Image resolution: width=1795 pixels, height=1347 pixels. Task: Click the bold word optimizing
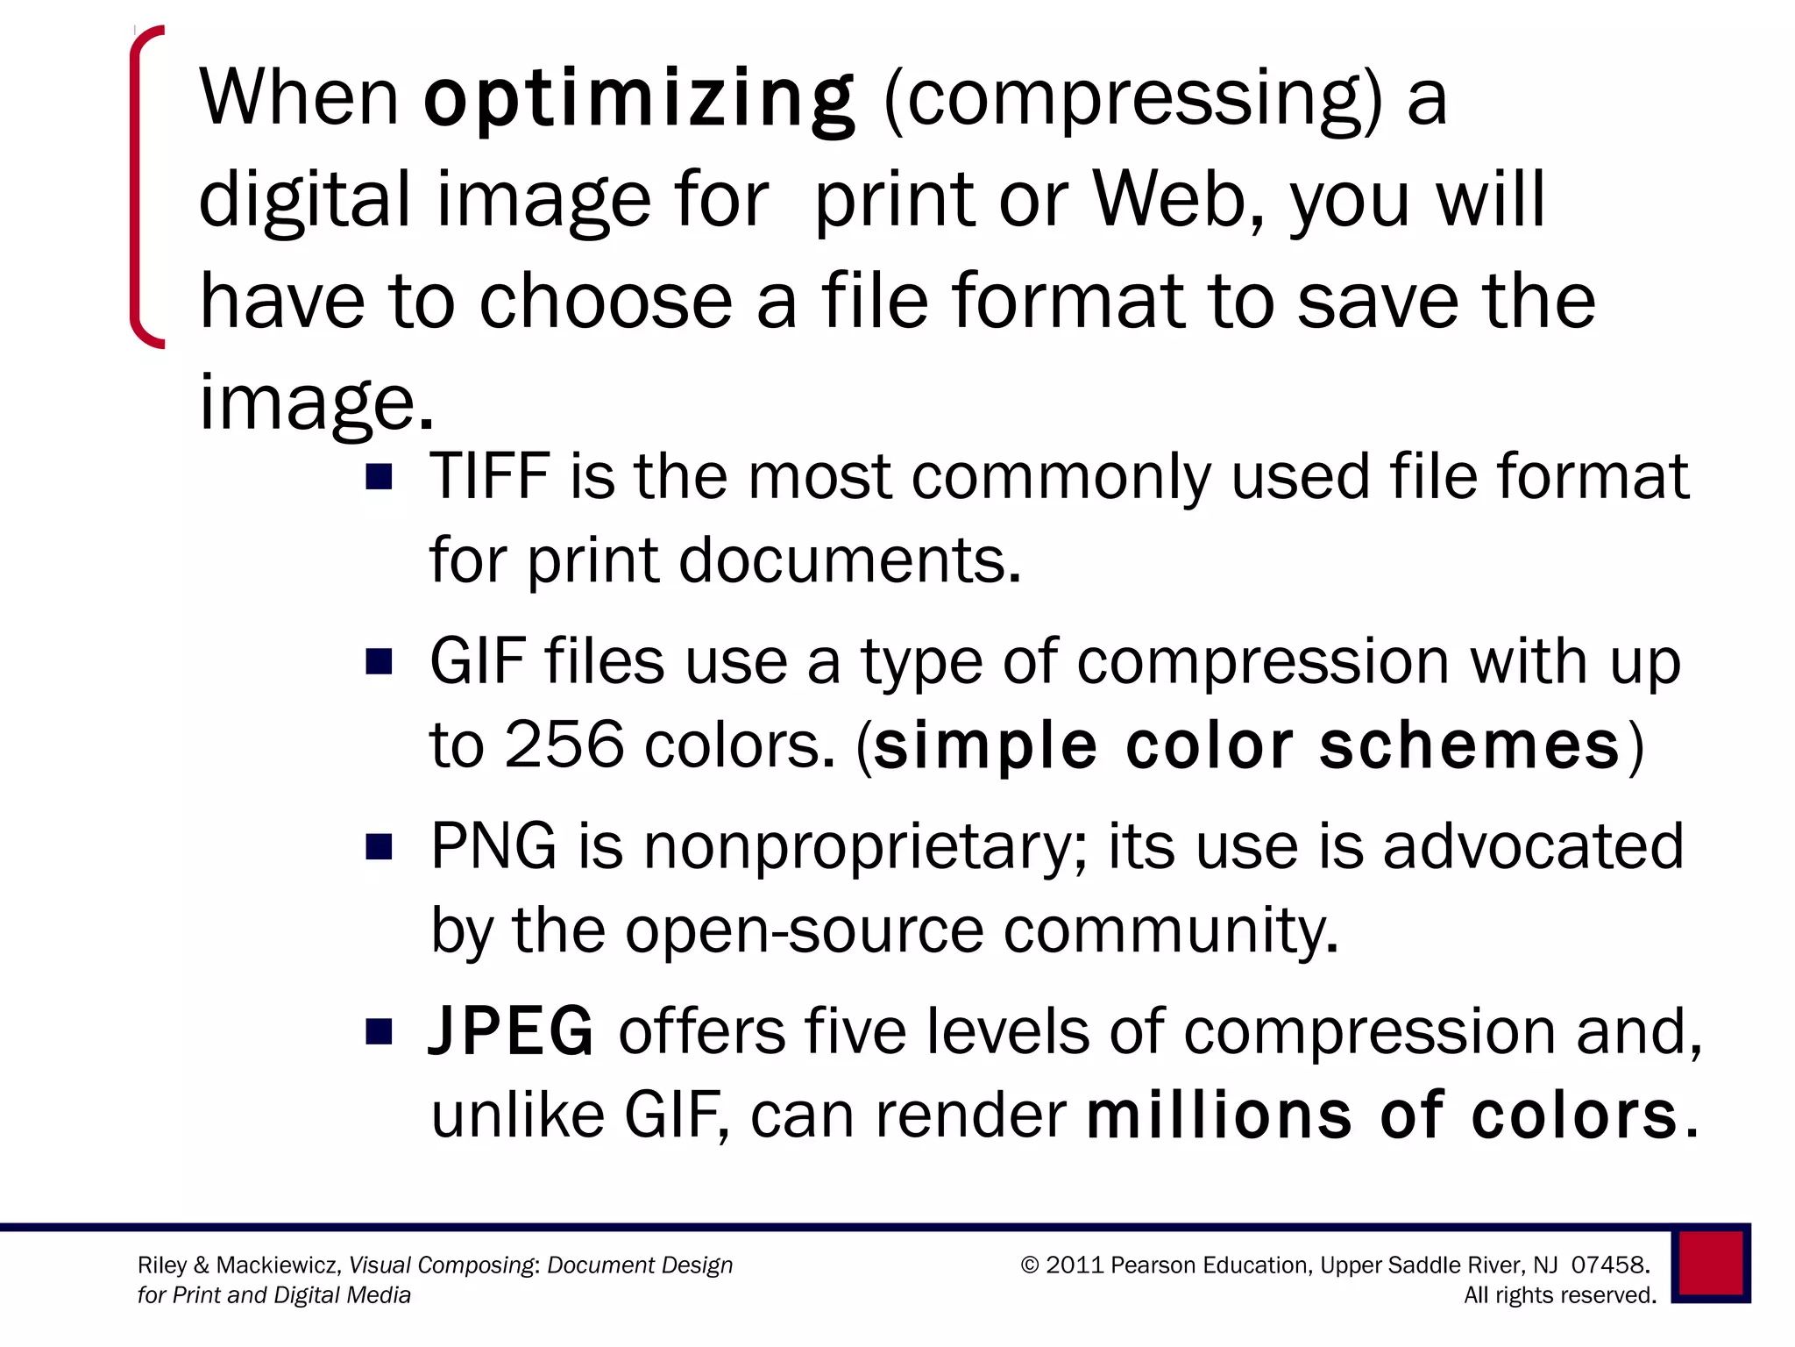point(638,98)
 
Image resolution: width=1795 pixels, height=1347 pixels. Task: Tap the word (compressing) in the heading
point(1132,98)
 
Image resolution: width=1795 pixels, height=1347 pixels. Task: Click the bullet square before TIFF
point(379,477)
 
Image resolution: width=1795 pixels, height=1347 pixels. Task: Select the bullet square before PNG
point(379,847)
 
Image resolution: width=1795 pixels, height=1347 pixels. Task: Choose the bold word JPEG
point(512,1031)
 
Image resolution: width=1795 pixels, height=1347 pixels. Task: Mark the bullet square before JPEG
point(379,1032)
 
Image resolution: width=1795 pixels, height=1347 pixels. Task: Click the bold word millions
point(1219,1115)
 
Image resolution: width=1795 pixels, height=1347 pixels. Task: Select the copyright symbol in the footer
point(1030,1265)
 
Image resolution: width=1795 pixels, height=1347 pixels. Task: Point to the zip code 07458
point(1609,1265)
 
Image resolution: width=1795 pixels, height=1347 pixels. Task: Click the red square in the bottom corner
point(1711,1264)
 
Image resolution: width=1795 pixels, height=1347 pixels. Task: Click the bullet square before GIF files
point(379,662)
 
